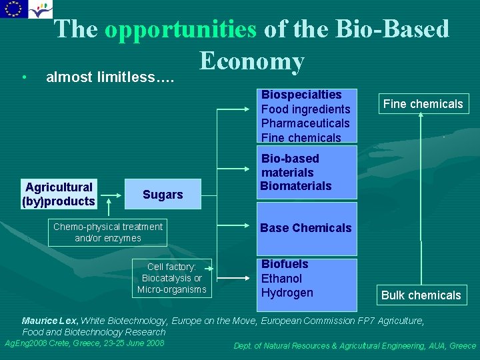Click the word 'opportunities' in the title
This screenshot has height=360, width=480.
coord(180,29)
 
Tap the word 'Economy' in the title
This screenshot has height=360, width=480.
coord(251,61)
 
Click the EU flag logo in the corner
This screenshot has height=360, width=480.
coord(14,9)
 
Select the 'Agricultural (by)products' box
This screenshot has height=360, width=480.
coord(59,194)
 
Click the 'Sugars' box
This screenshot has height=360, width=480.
coord(163,194)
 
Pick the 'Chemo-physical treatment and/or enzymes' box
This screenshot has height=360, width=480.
coord(108,232)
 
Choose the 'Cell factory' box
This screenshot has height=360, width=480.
coord(172,277)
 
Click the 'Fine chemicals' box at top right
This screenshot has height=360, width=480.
coord(421,104)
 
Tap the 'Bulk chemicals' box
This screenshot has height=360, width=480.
coord(421,295)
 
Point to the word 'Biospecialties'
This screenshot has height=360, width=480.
coord(301,95)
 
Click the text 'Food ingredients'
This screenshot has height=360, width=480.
coord(305,109)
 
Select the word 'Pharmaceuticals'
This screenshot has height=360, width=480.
coord(305,123)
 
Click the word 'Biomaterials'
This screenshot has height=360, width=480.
coord(296,186)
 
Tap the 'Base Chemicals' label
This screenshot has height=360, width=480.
coord(305,228)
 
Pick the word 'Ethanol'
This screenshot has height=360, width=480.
coord(281,279)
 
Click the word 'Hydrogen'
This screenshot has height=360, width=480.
coord(287,293)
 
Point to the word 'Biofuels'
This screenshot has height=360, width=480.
coord(285,265)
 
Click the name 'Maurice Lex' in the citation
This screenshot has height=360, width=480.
coord(50,321)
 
